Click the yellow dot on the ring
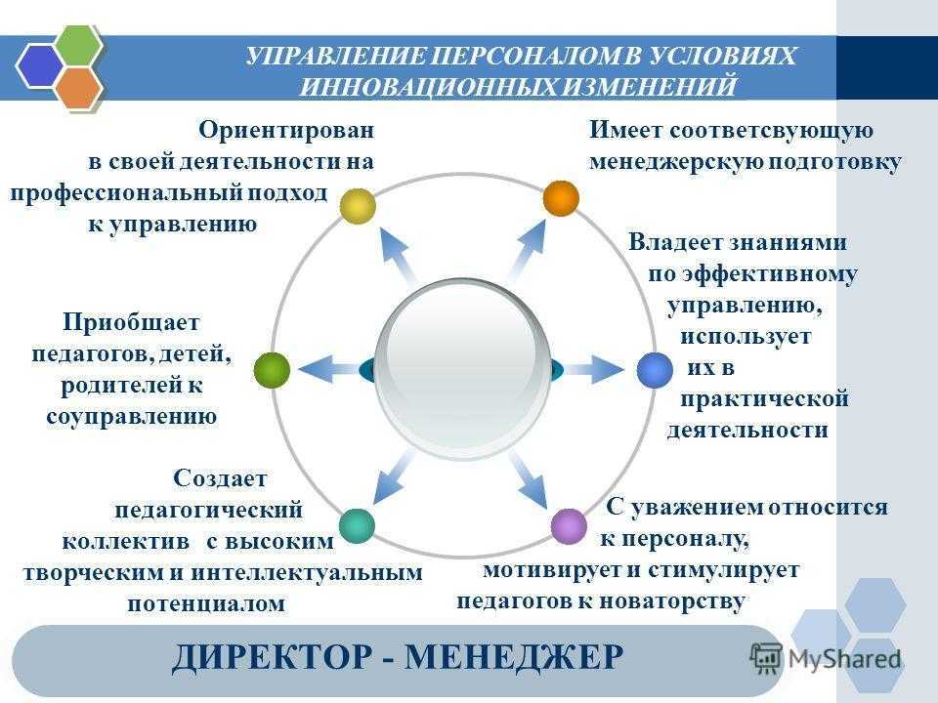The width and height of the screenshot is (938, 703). click(358, 206)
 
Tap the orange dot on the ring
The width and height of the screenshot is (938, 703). click(561, 198)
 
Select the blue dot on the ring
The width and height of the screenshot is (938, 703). click(655, 370)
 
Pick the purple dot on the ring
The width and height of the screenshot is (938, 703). click(569, 526)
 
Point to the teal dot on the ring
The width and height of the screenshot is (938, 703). click(358, 526)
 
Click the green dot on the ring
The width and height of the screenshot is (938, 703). click(273, 370)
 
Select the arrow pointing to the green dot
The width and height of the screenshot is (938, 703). click(329, 369)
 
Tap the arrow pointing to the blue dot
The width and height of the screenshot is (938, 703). click(595, 369)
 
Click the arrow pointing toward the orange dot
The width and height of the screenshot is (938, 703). click(527, 250)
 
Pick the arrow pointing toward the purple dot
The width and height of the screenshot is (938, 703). click(530, 480)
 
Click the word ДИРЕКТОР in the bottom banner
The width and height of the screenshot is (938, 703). click(273, 657)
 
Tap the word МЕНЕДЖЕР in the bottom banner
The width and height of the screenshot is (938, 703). click(514, 657)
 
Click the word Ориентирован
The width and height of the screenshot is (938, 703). click(286, 130)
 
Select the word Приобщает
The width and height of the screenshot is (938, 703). click(131, 323)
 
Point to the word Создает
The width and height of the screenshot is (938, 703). click(220, 478)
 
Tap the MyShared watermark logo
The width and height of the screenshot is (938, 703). click(827, 659)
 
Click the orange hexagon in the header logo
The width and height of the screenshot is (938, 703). click(78, 87)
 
